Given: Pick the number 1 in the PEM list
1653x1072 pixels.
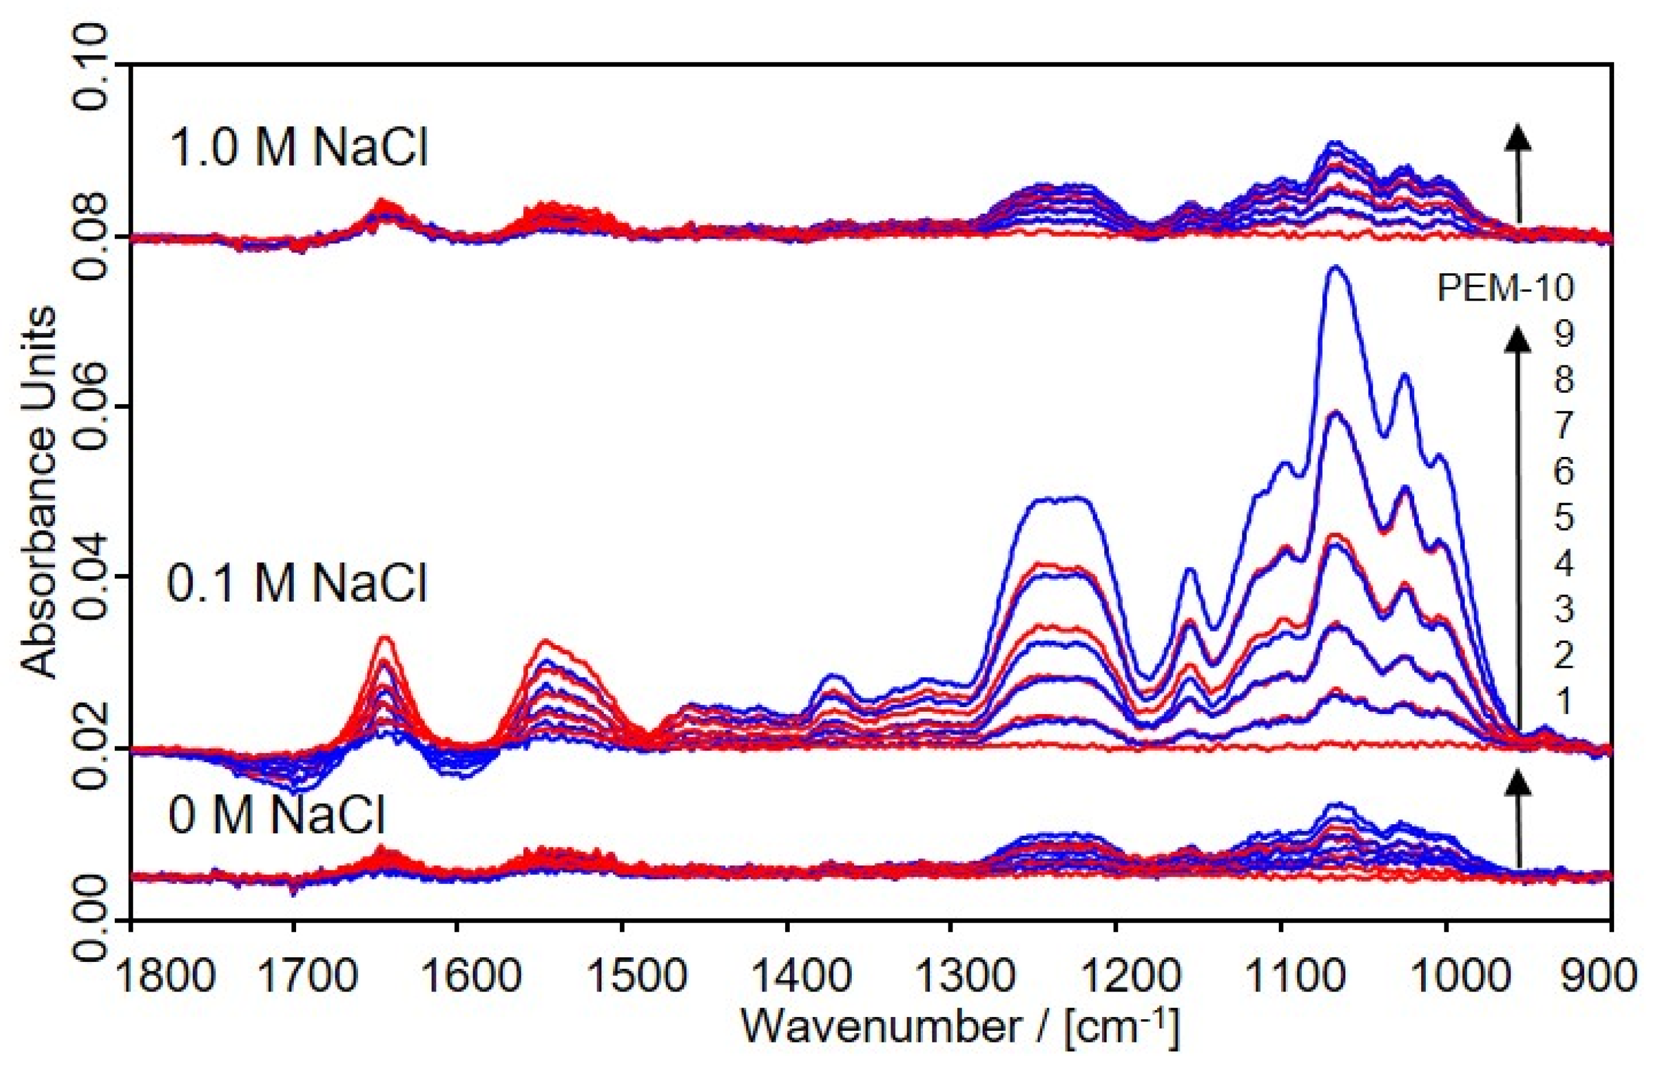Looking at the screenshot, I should pos(1563,702).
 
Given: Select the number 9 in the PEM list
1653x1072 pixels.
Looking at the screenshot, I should pos(1563,335).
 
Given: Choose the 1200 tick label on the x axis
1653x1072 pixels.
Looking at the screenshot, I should pos(1115,977).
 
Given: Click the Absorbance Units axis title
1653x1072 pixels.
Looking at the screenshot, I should pos(38,493).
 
